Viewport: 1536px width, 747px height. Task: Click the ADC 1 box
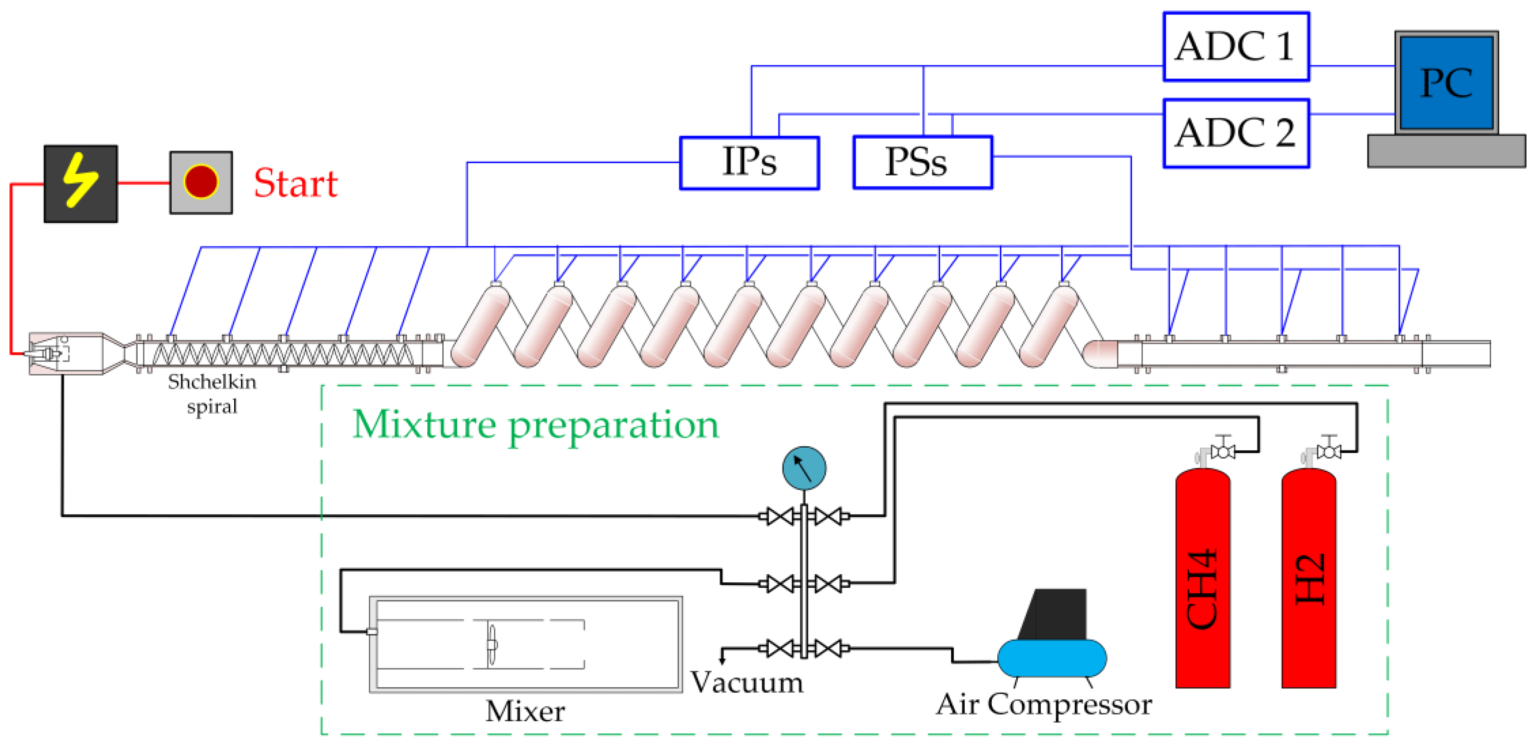click(x=1236, y=47)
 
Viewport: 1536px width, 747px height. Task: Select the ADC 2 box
click(x=1236, y=133)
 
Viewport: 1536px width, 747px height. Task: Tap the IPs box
click(x=749, y=162)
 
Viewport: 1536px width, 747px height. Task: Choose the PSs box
click(x=923, y=162)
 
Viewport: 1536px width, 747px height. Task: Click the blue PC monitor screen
click(x=1446, y=83)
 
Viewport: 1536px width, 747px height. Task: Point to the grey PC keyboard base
click(x=1446, y=151)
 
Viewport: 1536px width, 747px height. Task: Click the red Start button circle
click(x=201, y=181)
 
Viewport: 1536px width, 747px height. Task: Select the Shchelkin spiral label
click(x=212, y=394)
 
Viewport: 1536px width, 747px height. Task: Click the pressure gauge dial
click(x=804, y=468)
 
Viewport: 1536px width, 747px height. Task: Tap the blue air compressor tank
click(x=1052, y=658)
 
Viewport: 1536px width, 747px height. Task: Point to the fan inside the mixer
click(x=491, y=644)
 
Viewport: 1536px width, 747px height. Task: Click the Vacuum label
click(x=747, y=682)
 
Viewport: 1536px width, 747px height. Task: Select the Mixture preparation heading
click(x=536, y=425)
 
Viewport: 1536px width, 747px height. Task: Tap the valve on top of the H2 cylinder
click(x=1328, y=451)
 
